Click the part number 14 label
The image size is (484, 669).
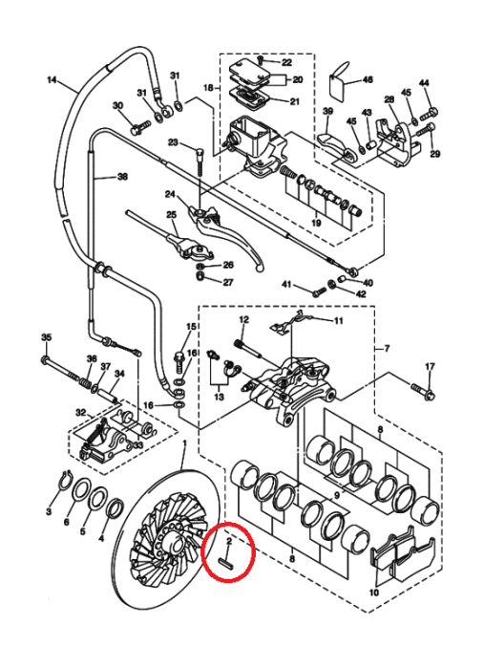[52, 79]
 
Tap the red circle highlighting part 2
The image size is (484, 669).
[228, 552]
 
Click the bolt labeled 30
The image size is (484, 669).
[140, 127]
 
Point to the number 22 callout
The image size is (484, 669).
[286, 62]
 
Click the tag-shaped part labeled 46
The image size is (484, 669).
[340, 81]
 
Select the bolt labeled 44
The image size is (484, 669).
[429, 114]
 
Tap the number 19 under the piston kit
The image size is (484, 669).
[316, 223]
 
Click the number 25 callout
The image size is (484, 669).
[171, 214]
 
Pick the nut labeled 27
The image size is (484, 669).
[201, 277]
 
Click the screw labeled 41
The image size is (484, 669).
[318, 291]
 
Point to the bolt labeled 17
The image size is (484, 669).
[422, 391]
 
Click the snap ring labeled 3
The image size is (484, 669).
[64, 481]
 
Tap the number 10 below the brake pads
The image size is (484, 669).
[373, 593]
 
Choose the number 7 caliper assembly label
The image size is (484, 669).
[387, 349]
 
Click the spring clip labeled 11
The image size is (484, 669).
[290, 323]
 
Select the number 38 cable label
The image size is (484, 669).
[122, 176]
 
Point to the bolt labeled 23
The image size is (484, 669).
[200, 161]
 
